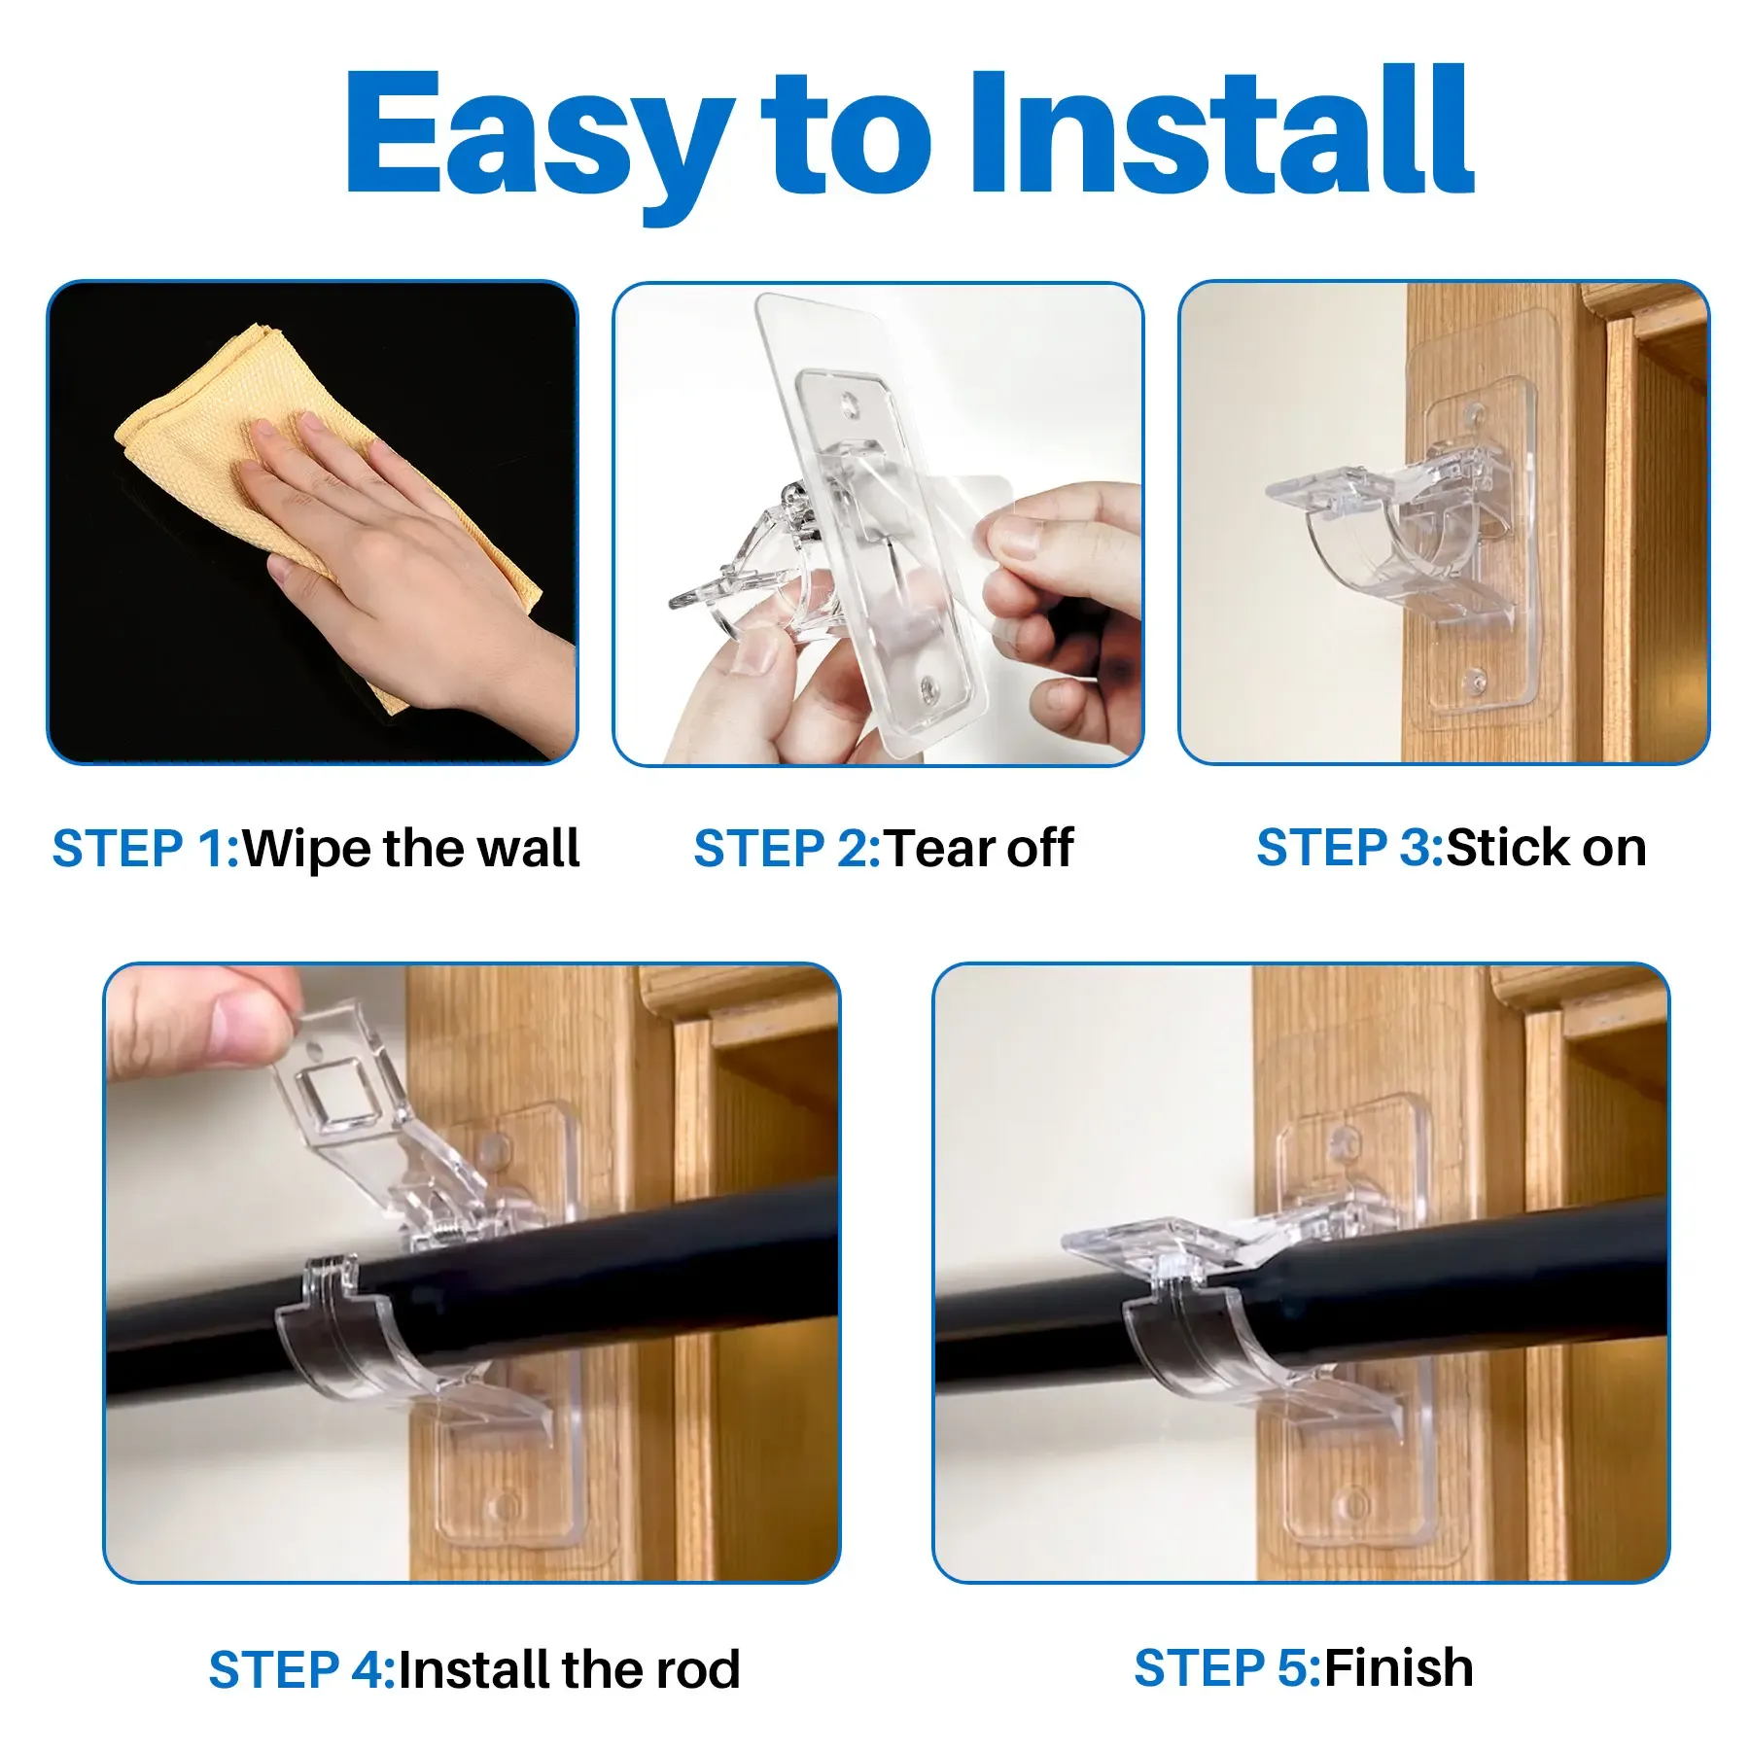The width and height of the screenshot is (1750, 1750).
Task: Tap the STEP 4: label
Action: pyautogui.click(x=301, y=1669)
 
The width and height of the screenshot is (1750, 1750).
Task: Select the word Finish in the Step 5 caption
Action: pyautogui.click(x=1399, y=1667)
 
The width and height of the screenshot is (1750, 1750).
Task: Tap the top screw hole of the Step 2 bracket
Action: pyautogui.click(x=852, y=403)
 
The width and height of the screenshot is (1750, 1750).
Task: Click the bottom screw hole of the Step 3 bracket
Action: pyautogui.click(x=1476, y=681)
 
